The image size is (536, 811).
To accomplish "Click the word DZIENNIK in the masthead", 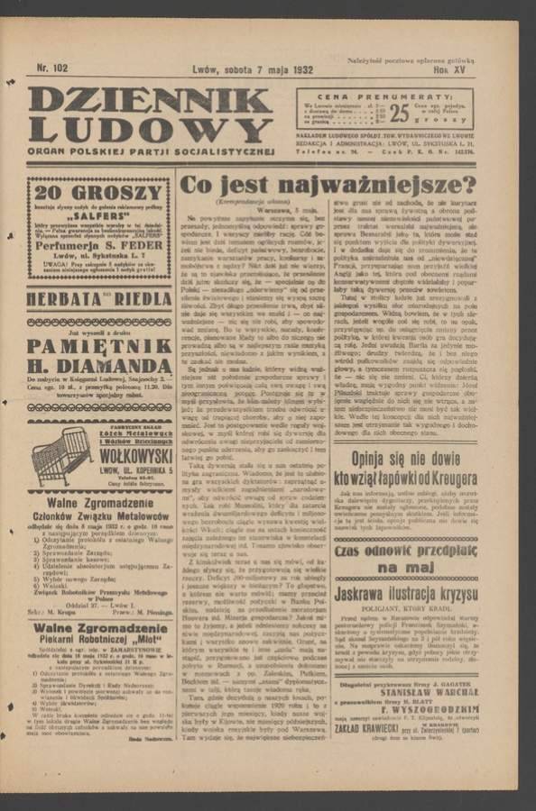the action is (149, 101).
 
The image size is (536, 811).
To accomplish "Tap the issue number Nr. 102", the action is (51, 68).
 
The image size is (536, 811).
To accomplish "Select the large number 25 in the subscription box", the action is (399, 113).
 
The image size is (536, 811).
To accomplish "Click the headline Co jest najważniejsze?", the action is (327, 187).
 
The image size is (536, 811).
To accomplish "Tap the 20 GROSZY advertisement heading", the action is (99, 192).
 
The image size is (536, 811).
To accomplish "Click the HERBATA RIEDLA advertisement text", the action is (99, 299).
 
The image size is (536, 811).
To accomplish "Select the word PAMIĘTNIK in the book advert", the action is (99, 346).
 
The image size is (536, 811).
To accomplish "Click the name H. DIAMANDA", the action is (99, 367).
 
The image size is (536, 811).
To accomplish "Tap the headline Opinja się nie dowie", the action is (405, 457).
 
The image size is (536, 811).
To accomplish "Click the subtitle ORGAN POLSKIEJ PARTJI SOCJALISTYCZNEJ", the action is (150, 151).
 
